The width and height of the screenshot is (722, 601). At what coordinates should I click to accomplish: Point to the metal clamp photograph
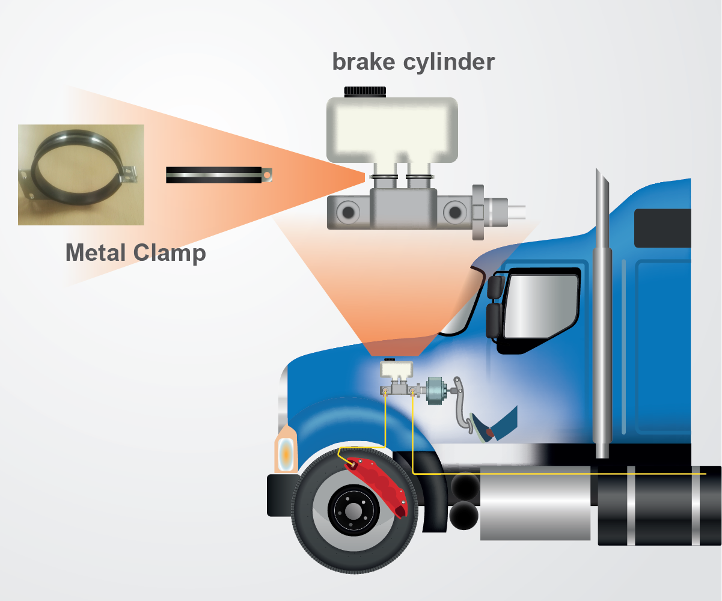[x=81, y=174]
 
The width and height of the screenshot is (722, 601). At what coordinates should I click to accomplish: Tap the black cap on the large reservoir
[x=365, y=91]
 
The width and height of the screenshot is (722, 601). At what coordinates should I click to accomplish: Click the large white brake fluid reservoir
[x=392, y=129]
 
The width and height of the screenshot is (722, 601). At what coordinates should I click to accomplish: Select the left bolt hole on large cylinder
[x=347, y=212]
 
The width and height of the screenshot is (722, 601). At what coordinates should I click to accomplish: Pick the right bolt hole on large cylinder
[x=455, y=212]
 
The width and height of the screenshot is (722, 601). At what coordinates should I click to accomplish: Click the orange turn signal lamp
[x=286, y=452]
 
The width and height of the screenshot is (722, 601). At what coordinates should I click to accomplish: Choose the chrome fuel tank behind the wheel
[x=535, y=502]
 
